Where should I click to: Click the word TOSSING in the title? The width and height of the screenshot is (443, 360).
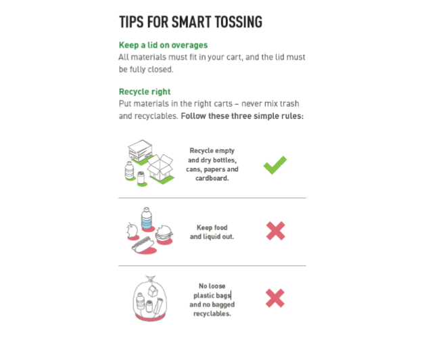238,22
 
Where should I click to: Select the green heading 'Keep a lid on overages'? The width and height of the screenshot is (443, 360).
163,45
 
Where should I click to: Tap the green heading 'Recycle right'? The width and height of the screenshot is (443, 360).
145,92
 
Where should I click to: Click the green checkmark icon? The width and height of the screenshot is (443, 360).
275,165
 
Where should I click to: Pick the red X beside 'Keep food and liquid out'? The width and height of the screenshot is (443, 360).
276,231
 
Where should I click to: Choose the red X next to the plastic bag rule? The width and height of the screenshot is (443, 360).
275,298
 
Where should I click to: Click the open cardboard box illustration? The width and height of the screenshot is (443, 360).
160,167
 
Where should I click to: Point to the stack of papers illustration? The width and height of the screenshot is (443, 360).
140,151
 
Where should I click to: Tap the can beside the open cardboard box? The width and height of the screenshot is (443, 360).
141,178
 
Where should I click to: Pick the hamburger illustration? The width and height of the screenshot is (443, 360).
164,233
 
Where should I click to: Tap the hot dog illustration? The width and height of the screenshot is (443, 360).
143,244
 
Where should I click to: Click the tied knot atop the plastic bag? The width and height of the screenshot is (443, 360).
151,279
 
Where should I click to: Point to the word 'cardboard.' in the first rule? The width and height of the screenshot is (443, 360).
212,178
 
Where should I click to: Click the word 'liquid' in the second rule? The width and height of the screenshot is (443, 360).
211,237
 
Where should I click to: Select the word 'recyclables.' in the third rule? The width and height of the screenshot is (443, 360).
212,314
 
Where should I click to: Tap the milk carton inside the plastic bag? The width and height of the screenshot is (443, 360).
153,291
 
